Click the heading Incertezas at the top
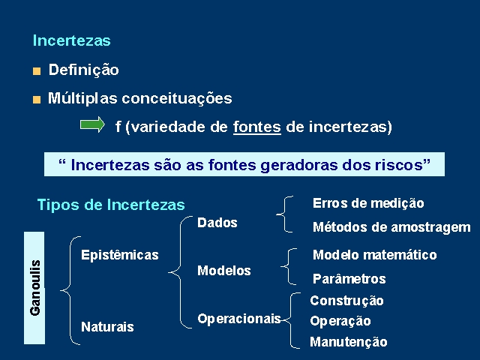(72, 40)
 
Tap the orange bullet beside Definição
(37, 71)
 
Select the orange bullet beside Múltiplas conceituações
(37, 100)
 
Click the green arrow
(92, 124)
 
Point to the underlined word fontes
(257, 127)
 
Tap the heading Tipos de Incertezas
(111, 205)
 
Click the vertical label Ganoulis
(35, 288)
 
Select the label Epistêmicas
(120, 255)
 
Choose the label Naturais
(107, 327)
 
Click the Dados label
(217, 223)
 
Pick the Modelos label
(224, 271)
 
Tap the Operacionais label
(239, 319)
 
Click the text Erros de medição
(368, 203)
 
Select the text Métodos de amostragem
(391, 227)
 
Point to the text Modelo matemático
(375, 255)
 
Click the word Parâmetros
(349, 279)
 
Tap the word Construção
(346, 301)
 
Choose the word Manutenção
(349, 342)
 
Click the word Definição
(83, 70)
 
